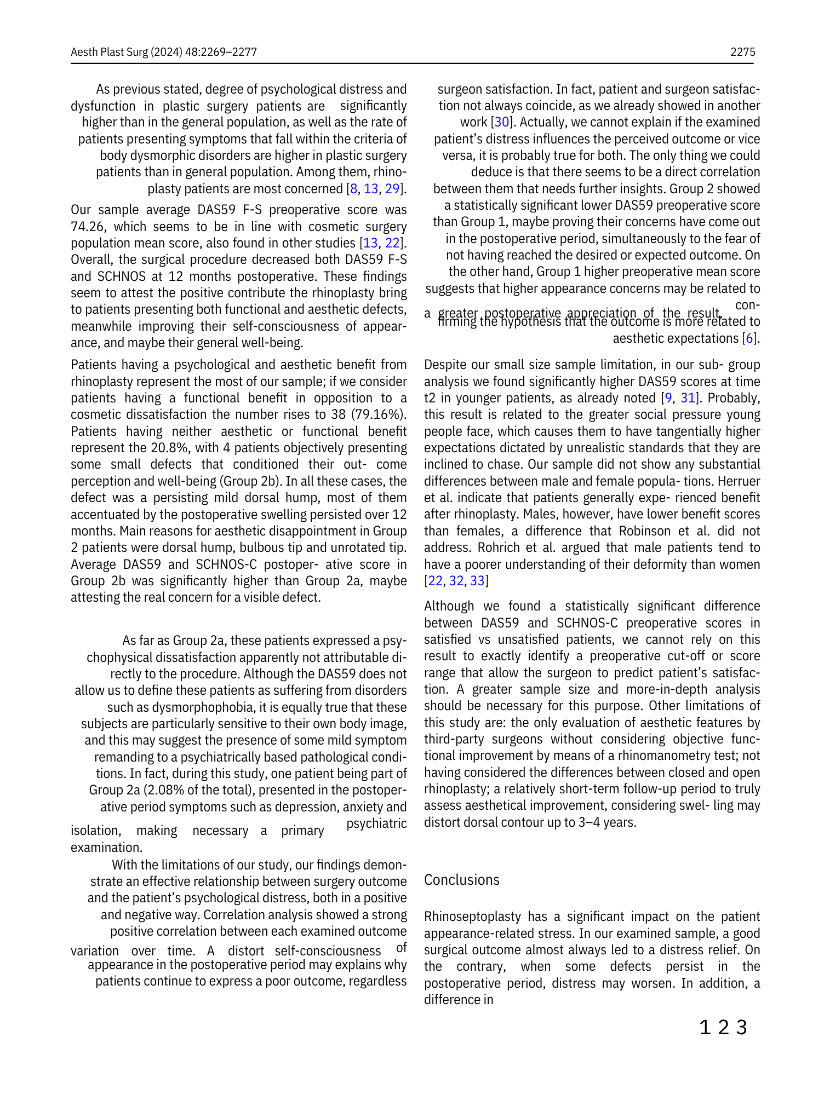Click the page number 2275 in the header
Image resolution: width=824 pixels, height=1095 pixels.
tap(742, 52)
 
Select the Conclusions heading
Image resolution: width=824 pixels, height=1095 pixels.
tap(461, 880)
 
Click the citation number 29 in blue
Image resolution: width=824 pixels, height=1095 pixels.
tap(392, 189)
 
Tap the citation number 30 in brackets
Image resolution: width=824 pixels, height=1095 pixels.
tap(501, 122)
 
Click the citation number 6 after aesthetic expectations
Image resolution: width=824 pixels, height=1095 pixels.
tap(749, 338)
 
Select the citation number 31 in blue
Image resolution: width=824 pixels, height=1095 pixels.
tap(687, 398)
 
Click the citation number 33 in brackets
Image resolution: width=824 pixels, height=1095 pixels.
tap(477, 581)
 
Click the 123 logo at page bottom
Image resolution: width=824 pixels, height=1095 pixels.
tap(723, 1028)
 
